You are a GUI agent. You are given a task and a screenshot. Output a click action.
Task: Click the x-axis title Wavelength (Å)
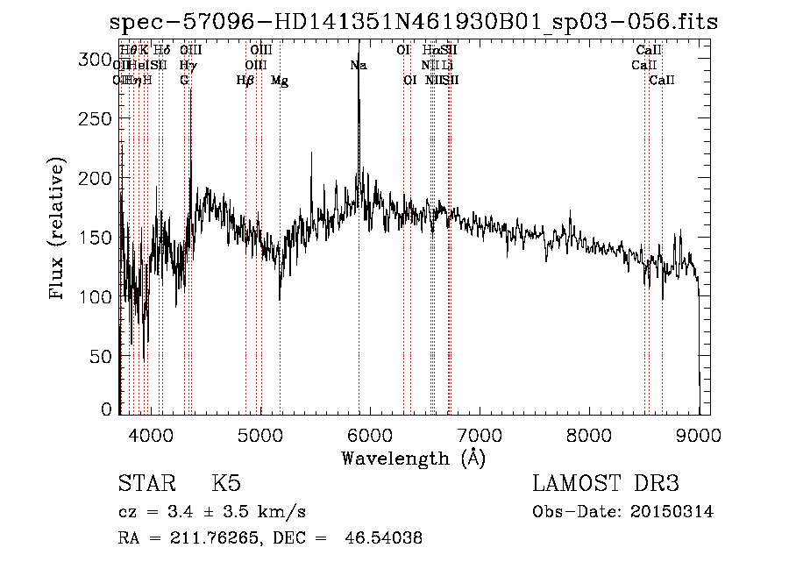point(413,458)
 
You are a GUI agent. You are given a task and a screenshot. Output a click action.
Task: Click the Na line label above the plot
point(358,65)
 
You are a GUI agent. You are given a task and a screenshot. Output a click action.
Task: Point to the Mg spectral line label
point(280,81)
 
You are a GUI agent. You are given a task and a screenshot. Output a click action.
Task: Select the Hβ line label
point(245,81)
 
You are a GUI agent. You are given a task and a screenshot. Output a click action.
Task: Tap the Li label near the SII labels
point(447,65)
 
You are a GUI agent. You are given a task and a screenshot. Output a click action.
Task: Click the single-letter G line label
point(184,81)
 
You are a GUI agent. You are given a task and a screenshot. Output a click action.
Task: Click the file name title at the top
point(413,22)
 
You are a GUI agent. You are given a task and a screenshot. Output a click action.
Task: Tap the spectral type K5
point(226,484)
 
